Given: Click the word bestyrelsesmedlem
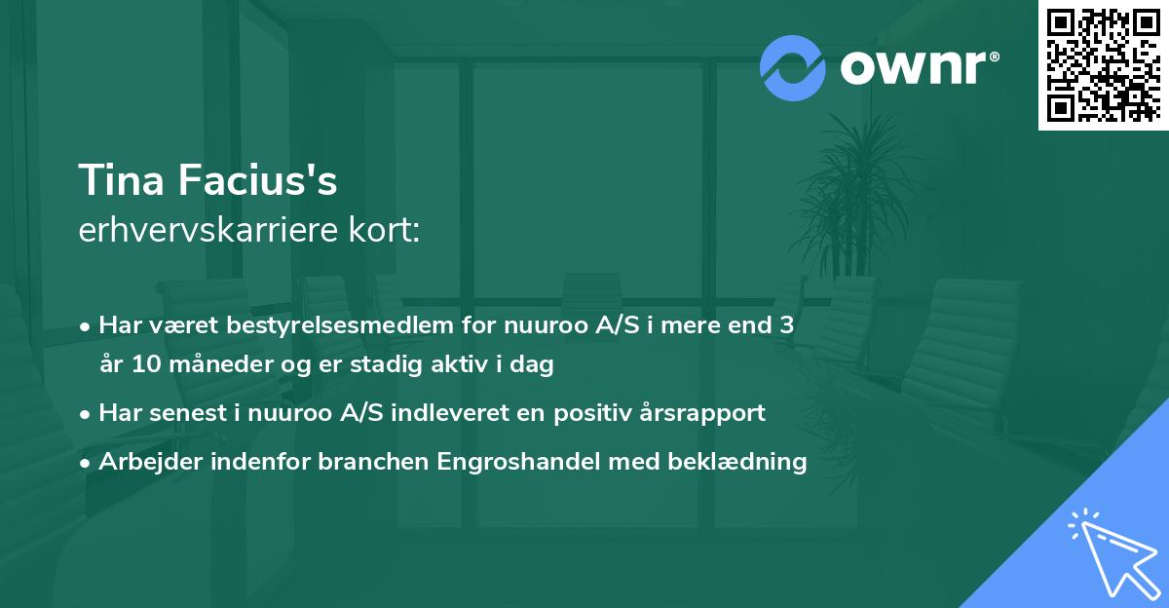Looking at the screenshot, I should [x=294, y=324].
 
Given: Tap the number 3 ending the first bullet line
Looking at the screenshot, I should [x=786, y=324].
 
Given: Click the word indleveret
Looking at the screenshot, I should [x=461, y=413].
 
